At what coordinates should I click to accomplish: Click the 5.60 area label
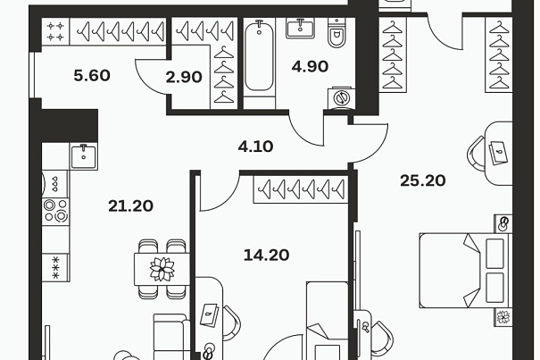(92, 75)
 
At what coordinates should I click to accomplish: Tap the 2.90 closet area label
(184, 77)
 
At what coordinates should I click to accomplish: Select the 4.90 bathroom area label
(310, 66)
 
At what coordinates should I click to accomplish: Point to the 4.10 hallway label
(255, 147)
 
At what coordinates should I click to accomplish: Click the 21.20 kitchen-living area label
(130, 206)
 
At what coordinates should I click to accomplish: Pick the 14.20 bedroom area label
(266, 255)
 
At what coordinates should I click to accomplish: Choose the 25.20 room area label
(423, 180)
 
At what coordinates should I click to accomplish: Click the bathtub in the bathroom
(260, 56)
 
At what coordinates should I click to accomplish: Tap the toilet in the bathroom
(336, 33)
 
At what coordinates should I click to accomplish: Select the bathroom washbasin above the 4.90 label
(300, 28)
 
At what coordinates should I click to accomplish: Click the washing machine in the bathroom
(341, 98)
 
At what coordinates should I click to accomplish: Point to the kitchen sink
(84, 157)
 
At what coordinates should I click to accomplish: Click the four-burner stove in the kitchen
(55, 211)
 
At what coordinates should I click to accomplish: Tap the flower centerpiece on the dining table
(162, 269)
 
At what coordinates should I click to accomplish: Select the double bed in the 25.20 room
(465, 271)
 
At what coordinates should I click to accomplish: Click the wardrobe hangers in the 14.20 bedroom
(301, 189)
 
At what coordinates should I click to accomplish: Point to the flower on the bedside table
(503, 317)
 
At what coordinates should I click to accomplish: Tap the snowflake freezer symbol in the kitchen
(55, 268)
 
